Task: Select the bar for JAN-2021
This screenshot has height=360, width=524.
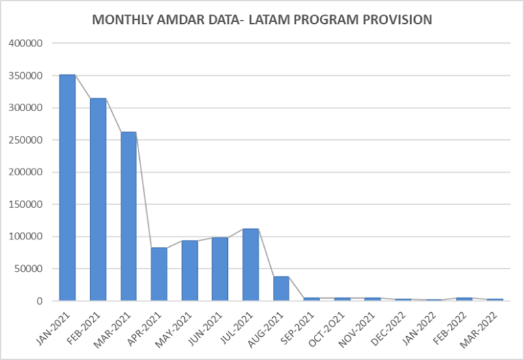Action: (x=68, y=187)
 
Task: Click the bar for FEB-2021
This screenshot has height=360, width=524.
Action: (x=98, y=199)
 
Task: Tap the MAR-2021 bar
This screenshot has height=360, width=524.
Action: (x=129, y=216)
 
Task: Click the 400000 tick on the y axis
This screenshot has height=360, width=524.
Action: (x=26, y=44)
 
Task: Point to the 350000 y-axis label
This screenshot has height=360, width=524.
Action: (x=26, y=76)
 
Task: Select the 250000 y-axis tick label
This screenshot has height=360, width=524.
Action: (x=26, y=140)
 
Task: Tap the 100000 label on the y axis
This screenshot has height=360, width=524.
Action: (x=26, y=237)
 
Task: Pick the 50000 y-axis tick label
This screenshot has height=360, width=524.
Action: (x=29, y=269)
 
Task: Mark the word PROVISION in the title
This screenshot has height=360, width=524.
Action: (x=396, y=20)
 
